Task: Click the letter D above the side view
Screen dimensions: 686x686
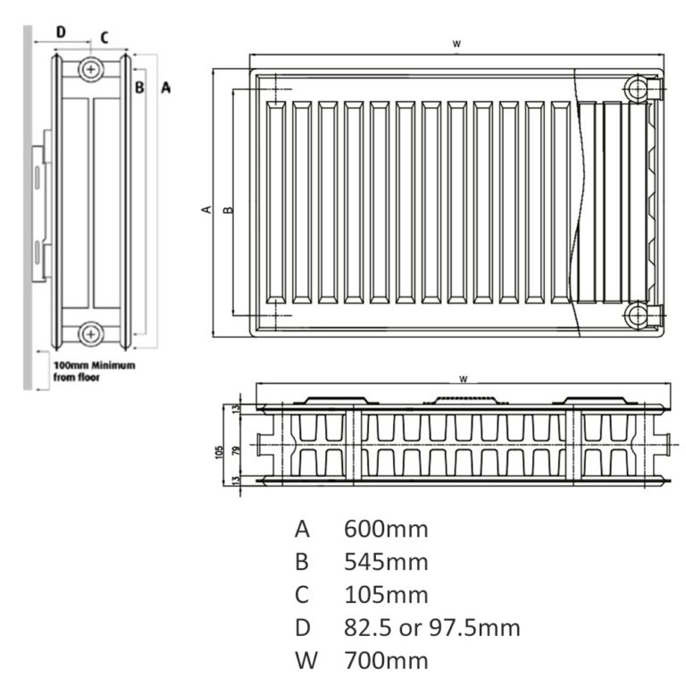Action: point(61,31)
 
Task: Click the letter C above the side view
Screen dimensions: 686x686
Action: point(104,37)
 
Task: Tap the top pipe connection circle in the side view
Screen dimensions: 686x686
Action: point(90,69)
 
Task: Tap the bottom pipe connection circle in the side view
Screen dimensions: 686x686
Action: point(90,333)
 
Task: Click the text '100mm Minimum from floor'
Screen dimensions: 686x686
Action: point(93,372)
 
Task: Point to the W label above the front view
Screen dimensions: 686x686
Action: point(456,43)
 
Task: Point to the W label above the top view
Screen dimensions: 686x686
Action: point(464,379)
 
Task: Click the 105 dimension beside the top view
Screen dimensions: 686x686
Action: point(219,449)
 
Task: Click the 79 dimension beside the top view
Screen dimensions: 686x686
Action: point(236,449)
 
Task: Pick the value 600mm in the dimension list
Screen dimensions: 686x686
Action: point(386,529)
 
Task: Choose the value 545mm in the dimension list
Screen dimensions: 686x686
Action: point(386,562)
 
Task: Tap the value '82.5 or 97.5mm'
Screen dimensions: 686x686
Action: point(432,628)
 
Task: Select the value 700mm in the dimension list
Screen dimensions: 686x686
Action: point(386,661)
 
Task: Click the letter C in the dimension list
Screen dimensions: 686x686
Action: point(302,595)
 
